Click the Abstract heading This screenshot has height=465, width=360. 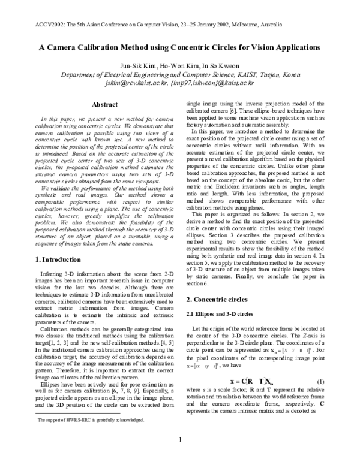(x=103, y=104)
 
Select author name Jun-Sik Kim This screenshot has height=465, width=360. (x=138, y=65)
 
